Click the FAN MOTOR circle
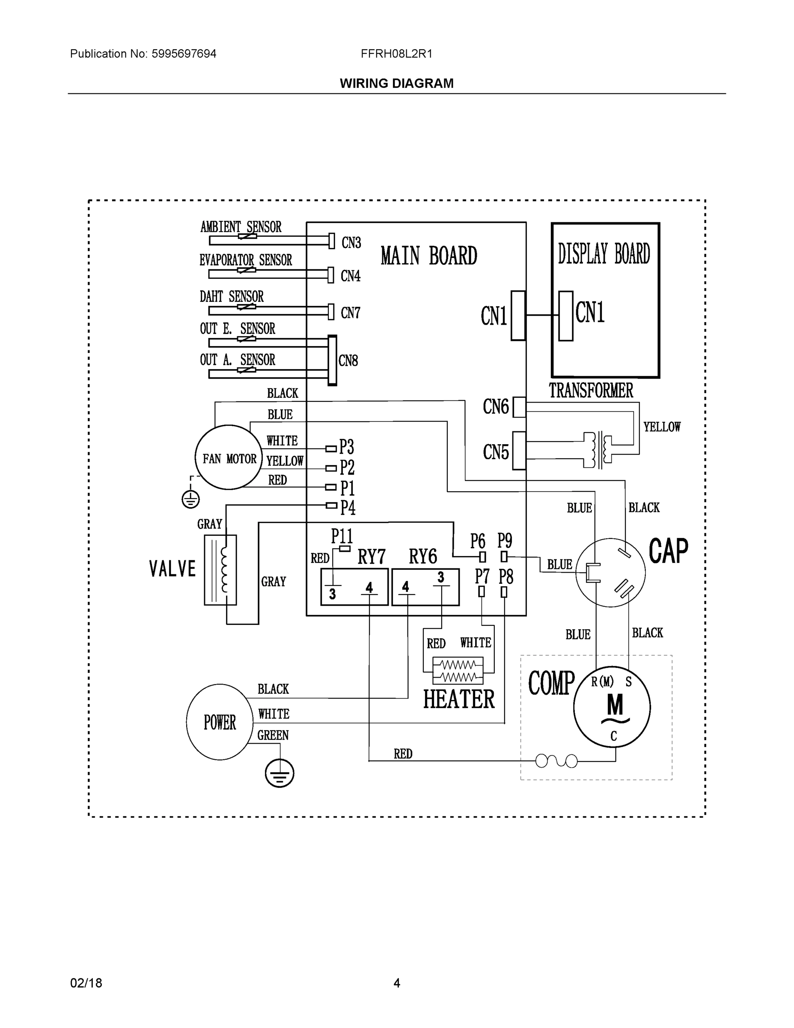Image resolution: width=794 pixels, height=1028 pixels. pyautogui.click(x=229, y=457)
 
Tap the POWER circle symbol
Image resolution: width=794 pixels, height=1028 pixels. pyautogui.click(x=219, y=722)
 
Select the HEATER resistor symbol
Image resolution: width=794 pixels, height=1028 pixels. pyautogui.click(x=458, y=671)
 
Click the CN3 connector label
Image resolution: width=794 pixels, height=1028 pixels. pyautogui.click(x=351, y=243)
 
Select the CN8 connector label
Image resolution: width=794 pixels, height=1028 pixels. pyautogui.click(x=348, y=361)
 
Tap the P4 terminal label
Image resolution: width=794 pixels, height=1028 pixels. pyautogui.click(x=348, y=508)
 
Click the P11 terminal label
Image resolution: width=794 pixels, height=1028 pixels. pyautogui.click(x=342, y=536)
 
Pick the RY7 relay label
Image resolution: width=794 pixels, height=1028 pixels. pyautogui.click(x=371, y=557)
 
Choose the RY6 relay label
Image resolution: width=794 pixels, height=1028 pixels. pyautogui.click(x=422, y=557)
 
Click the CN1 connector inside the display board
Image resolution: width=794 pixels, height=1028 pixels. pyautogui.click(x=566, y=315)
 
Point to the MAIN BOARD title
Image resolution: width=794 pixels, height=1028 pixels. pyautogui.click(x=428, y=256)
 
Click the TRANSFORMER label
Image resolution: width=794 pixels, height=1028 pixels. pyautogui.click(x=591, y=390)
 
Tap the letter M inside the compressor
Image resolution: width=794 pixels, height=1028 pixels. pyautogui.click(x=615, y=705)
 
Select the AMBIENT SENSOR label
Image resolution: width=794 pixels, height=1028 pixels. pyautogui.click(x=241, y=227)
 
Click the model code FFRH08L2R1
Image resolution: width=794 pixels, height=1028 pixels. pyautogui.click(x=396, y=54)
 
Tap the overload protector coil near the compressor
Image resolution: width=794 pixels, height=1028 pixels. pyautogui.click(x=556, y=761)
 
